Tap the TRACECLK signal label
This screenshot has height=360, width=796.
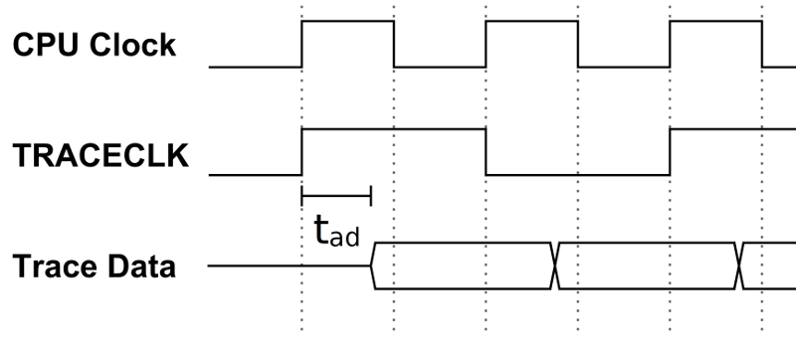99,156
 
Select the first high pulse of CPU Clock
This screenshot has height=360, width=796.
347,21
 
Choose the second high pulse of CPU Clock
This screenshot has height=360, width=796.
531,21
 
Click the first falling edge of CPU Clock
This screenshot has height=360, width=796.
394,44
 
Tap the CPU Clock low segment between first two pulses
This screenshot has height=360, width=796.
440,67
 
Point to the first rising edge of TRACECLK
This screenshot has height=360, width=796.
301,151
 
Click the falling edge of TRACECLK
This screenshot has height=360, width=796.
486,151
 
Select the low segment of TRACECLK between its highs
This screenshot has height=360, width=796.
577,174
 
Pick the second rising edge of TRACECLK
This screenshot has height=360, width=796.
670,151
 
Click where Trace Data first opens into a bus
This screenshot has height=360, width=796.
372,267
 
